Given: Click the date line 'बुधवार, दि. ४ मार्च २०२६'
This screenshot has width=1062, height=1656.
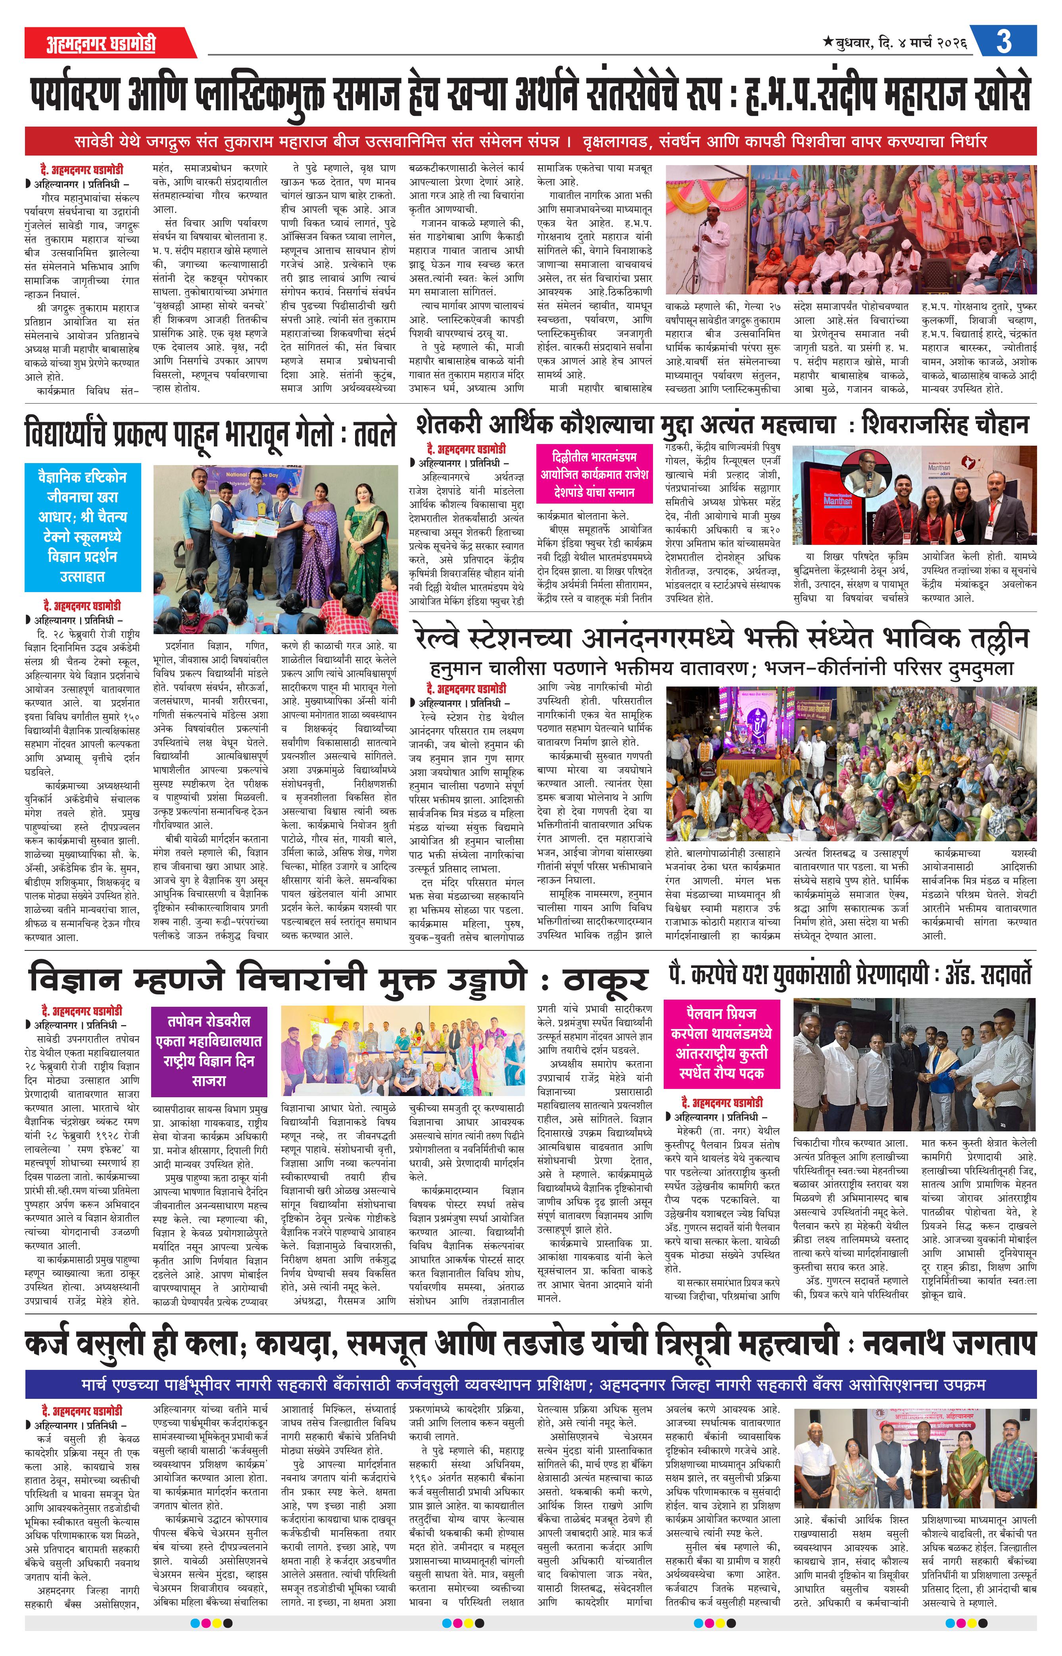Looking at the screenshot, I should pos(895,43).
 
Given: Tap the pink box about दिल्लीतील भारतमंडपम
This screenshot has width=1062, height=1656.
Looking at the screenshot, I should pos(594,475).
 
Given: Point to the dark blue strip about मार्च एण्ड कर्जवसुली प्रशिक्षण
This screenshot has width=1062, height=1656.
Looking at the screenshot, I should pos(530,1384).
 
